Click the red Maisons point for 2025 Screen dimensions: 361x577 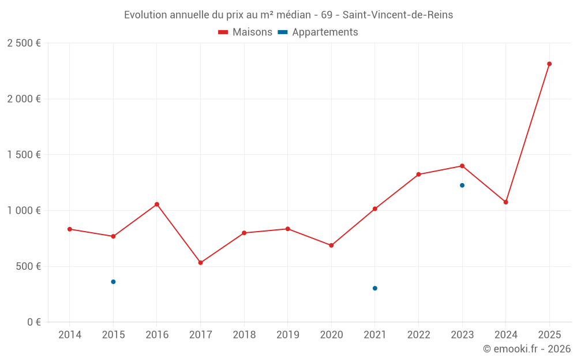coord(549,64)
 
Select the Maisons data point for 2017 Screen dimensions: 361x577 coord(200,263)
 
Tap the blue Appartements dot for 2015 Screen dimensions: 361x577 coord(113,282)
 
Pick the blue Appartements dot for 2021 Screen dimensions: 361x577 coord(375,288)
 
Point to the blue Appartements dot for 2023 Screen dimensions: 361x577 coord(462,185)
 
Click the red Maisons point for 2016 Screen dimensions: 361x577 coord(157,204)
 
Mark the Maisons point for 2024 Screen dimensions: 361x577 coord(505,202)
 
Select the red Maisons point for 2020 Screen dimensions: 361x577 coord(331,245)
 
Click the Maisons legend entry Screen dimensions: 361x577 coord(245,32)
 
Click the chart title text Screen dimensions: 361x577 coord(288,15)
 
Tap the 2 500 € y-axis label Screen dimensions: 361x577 coord(24,43)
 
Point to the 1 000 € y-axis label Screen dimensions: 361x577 coord(24,211)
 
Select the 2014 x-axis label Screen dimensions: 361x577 coord(70,335)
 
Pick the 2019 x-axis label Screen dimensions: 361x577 coord(287,335)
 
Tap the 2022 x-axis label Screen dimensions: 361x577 coord(418,335)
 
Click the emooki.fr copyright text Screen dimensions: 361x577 coord(526,349)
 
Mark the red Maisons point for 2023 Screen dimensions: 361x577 coord(462,166)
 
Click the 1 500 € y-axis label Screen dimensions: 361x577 coord(24,155)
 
